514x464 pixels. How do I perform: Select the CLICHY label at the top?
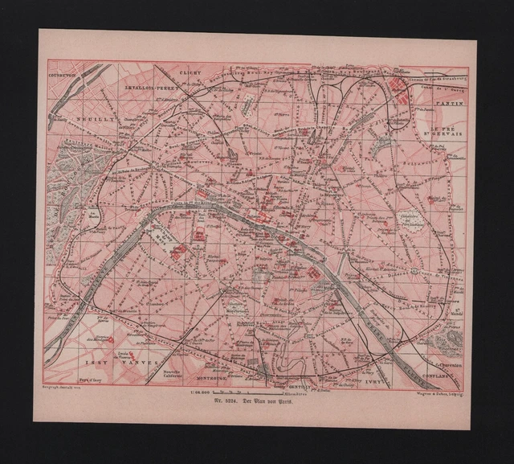coord(190,72)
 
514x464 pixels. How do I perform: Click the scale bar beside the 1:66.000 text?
coord(233,392)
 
